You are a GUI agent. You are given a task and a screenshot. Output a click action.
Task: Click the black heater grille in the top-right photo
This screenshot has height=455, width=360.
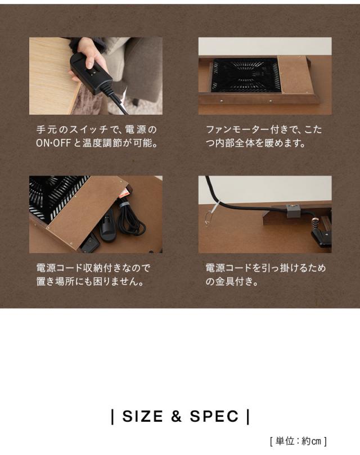point(245,75)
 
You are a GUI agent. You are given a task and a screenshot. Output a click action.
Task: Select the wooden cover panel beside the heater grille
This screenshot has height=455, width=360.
point(295,74)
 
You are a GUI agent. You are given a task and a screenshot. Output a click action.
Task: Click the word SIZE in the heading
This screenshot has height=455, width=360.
point(143,417)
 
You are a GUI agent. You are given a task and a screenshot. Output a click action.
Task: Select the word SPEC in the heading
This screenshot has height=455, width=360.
point(214,417)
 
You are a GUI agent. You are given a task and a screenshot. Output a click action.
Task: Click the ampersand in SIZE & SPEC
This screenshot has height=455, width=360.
point(177,417)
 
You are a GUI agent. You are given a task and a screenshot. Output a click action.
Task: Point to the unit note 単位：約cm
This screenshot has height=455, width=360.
point(298,442)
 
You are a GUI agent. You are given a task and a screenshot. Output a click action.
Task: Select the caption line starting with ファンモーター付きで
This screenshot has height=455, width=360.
point(264,130)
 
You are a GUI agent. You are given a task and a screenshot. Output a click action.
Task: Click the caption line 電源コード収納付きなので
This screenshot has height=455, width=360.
point(93,268)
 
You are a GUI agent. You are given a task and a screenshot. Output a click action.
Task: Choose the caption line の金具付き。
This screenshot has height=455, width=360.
point(232,281)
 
